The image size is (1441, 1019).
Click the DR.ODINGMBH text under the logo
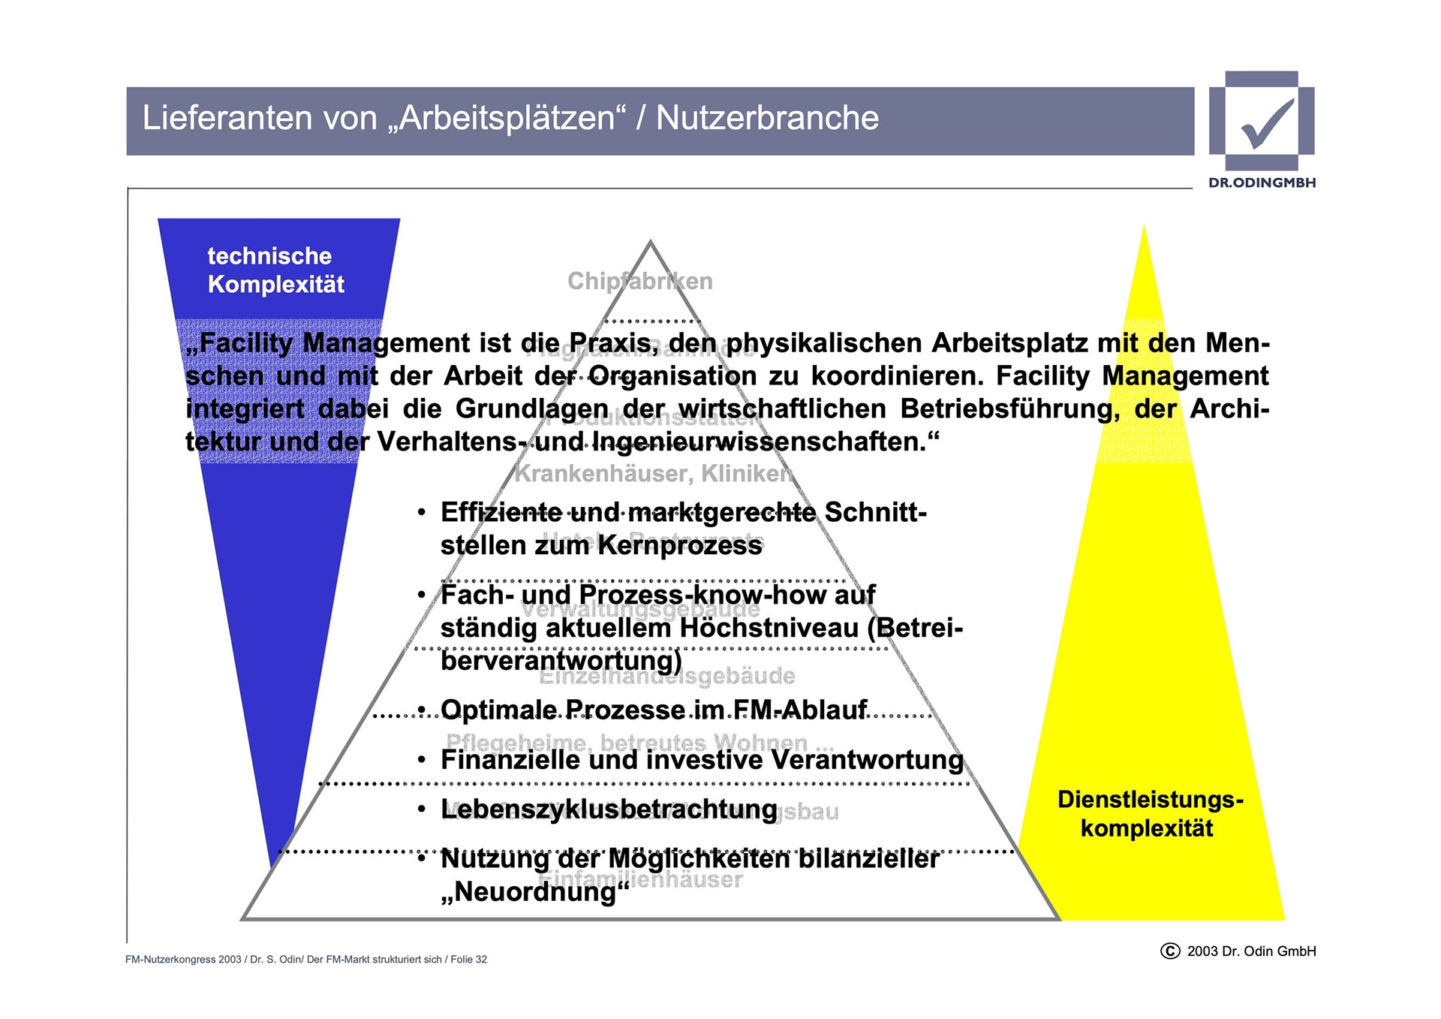click(1262, 182)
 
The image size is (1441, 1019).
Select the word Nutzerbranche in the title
click(767, 119)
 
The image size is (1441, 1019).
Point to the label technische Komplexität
click(275, 270)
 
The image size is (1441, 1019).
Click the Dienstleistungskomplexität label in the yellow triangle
click(1149, 814)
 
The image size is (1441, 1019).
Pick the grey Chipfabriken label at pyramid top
click(639, 282)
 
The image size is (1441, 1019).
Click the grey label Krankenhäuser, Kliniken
click(653, 474)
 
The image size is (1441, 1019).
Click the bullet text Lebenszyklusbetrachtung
click(609, 809)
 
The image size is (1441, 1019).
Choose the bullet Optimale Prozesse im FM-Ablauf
click(653, 710)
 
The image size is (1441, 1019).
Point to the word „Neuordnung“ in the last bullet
click(534, 892)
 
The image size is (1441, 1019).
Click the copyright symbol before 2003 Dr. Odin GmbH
click(1170, 951)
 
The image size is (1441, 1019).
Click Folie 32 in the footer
click(468, 960)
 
